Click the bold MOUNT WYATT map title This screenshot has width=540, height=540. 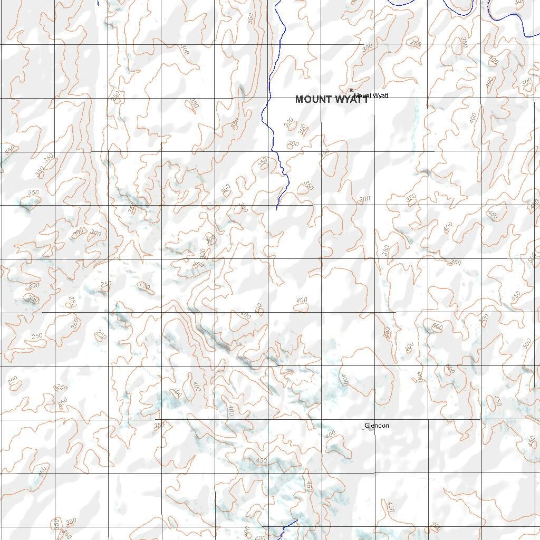(332, 99)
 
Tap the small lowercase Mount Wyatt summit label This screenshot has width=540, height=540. (371, 95)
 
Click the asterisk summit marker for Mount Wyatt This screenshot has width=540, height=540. (351, 91)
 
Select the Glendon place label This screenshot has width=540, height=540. (377, 426)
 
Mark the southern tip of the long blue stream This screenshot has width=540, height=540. (277, 209)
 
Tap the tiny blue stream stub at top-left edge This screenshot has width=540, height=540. (98, 3)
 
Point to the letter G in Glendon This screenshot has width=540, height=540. (367, 426)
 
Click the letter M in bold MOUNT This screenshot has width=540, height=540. (299, 99)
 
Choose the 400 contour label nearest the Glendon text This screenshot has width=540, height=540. (331, 435)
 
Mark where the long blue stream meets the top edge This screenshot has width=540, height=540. (276, 1)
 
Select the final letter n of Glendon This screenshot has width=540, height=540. (387, 426)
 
